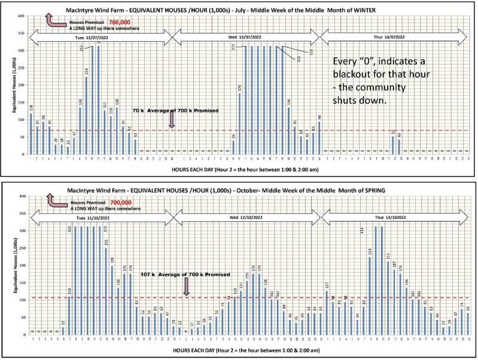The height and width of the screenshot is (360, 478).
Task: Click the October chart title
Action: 239,189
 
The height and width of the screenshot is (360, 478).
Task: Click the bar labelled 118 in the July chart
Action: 31,132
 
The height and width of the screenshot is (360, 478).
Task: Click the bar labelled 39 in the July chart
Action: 234,147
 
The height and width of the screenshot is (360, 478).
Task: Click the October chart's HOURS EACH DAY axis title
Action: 239,348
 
